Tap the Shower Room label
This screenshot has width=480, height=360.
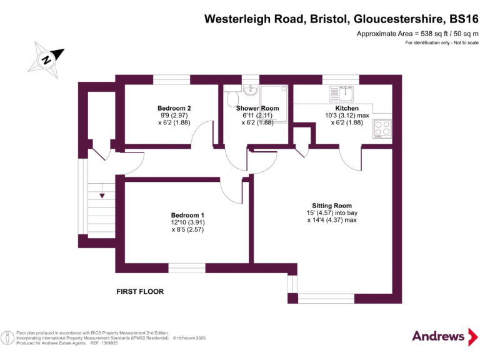click(x=257, y=108)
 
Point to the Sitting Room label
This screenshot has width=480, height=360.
click(x=332, y=206)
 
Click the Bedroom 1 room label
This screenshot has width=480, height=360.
click(x=188, y=215)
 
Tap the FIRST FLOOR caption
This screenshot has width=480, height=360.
click(x=140, y=291)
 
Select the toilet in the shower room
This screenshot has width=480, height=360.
click(x=233, y=99)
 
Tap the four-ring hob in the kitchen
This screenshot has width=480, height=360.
click(x=382, y=128)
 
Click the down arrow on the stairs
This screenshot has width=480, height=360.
click(x=102, y=196)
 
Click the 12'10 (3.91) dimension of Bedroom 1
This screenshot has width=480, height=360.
click(x=188, y=222)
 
